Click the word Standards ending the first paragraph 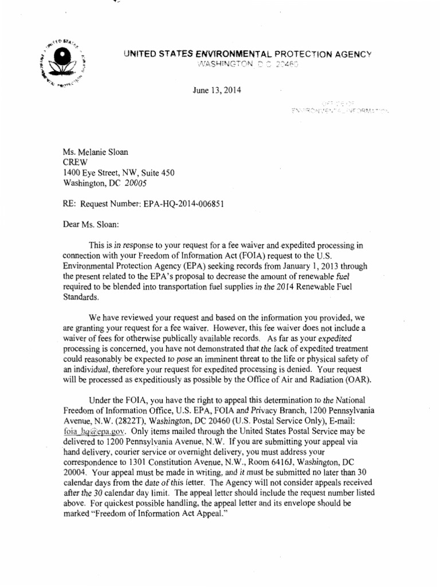(80, 298)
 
